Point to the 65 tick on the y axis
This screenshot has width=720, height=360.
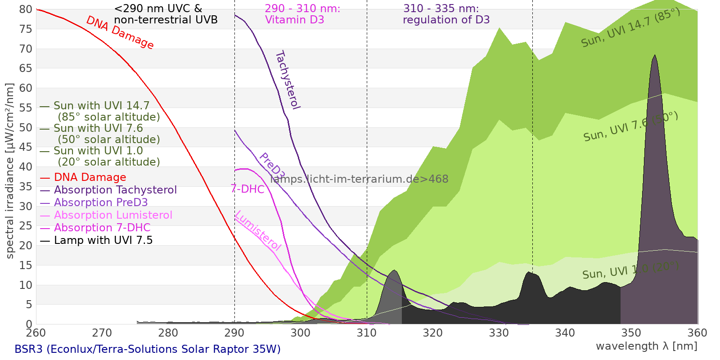[26, 68]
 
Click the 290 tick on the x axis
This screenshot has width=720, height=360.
[234, 333]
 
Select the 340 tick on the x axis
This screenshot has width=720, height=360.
[565, 333]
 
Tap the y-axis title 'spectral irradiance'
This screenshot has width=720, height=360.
[10, 171]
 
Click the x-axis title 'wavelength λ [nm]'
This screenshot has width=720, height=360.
[647, 346]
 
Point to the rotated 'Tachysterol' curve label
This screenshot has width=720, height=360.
[288, 80]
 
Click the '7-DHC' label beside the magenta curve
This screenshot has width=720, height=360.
[247, 189]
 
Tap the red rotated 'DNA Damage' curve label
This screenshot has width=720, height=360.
[120, 32]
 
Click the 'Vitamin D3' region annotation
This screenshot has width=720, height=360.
[295, 20]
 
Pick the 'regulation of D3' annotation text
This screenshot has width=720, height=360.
[446, 20]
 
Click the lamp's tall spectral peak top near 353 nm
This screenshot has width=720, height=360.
[655, 56]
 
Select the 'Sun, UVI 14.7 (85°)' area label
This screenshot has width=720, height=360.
[630, 28]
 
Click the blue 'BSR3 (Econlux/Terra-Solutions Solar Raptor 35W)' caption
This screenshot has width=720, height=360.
[148, 349]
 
